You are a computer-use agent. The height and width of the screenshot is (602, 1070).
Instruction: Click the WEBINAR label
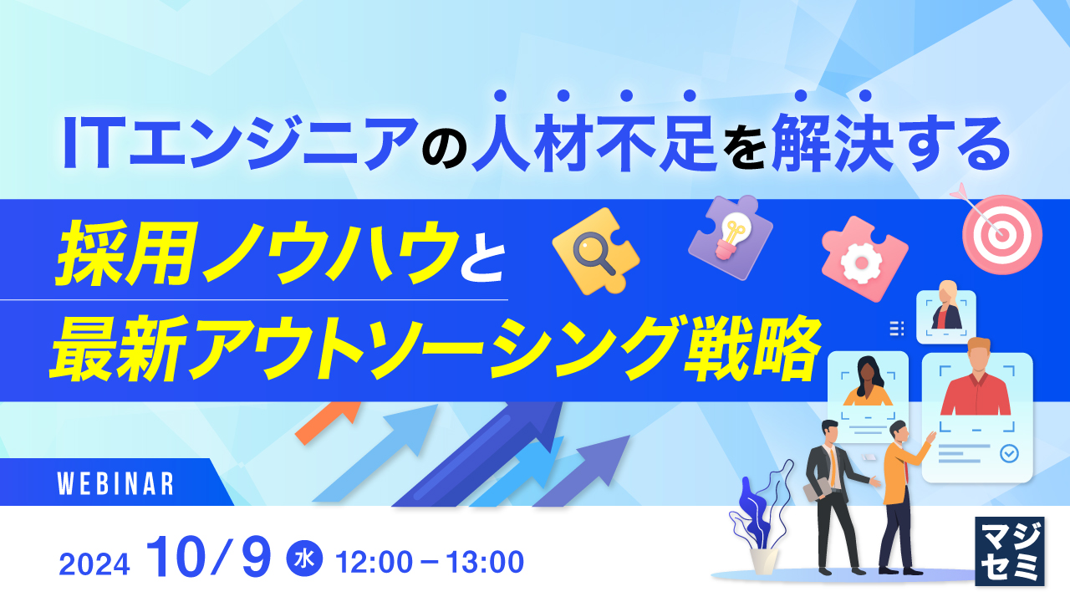pos(115,483)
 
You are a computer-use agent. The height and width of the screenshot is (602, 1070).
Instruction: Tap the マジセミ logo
pos(1009,551)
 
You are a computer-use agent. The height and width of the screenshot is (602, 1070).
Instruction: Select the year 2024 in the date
pos(94,564)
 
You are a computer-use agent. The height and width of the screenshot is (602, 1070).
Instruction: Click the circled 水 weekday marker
pos(304,559)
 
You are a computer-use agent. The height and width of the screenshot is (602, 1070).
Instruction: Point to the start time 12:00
pos(374,562)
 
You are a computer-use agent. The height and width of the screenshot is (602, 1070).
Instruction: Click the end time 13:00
pos(486,562)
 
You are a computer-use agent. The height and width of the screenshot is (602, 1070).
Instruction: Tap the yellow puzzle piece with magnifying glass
pos(596,251)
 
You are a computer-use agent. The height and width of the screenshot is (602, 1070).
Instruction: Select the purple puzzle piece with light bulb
pos(731,237)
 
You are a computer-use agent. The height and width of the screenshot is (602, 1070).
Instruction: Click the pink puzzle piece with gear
pos(864,258)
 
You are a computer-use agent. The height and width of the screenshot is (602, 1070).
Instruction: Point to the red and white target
pos(1002,234)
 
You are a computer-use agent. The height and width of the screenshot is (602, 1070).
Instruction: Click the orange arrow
pos(328,422)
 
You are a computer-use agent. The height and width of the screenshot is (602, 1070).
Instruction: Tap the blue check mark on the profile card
pos(1009,453)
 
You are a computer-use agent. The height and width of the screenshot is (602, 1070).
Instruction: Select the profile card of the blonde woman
pos(945,317)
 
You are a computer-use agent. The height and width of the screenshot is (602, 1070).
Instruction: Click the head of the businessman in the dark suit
pos(830,432)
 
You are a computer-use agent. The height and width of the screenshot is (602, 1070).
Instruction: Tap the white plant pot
pos(763,561)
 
